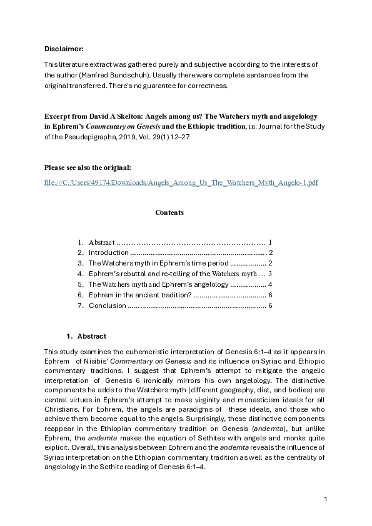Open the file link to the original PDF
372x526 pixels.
(x=181, y=182)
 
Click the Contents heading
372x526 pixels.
(x=169, y=212)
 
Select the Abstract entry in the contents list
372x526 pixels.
(x=101, y=242)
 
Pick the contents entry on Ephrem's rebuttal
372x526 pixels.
(x=172, y=274)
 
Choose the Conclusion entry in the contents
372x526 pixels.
(x=108, y=305)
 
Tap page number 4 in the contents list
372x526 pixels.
(x=269, y=284)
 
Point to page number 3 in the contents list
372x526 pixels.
(x=269, y=274)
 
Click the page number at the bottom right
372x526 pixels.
(x=326, y=499)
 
